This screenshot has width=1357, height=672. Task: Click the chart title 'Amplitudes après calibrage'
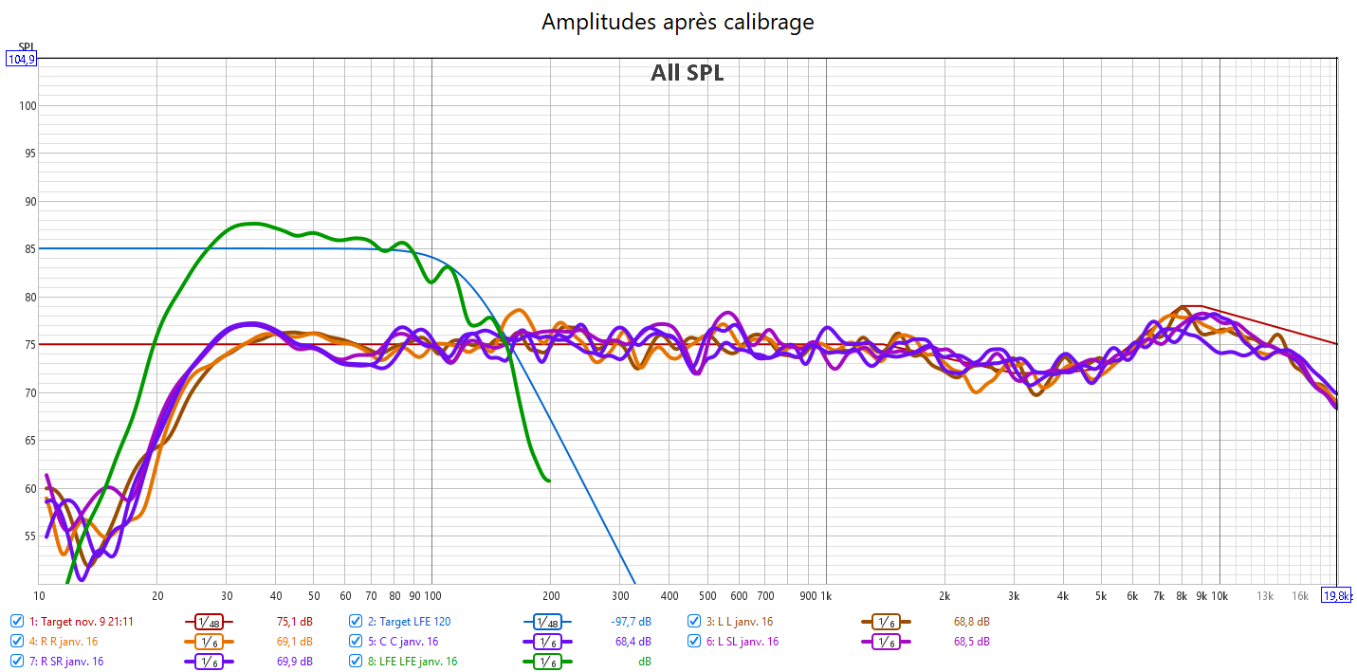click(677, 22)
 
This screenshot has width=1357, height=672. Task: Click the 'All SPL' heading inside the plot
click(687, 73)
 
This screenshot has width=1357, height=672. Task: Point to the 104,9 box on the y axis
click(21, 59)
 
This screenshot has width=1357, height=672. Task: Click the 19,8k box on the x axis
click(1337, 595)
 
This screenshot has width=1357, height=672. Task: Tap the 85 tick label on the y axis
click(28, 249)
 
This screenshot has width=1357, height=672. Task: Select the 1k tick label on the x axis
click(825, 595)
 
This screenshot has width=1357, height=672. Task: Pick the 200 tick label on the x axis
click(550, 595)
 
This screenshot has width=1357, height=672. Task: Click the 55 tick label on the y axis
click(28, 536)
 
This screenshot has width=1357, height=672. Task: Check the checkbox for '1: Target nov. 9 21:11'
click(17, 622)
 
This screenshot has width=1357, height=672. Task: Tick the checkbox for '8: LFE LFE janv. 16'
click(356, 661)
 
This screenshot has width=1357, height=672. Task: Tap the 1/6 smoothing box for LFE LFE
click(547, 662)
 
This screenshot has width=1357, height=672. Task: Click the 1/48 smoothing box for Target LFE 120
click(547, 623)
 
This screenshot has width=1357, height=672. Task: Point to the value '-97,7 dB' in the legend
click(630, 622)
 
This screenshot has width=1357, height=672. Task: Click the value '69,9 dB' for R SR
click(294, 661)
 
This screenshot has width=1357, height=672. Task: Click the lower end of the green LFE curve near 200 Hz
click(547, 480)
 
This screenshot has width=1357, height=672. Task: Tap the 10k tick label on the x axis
click(1219, 595)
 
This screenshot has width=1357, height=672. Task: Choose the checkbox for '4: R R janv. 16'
click(17, 642)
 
